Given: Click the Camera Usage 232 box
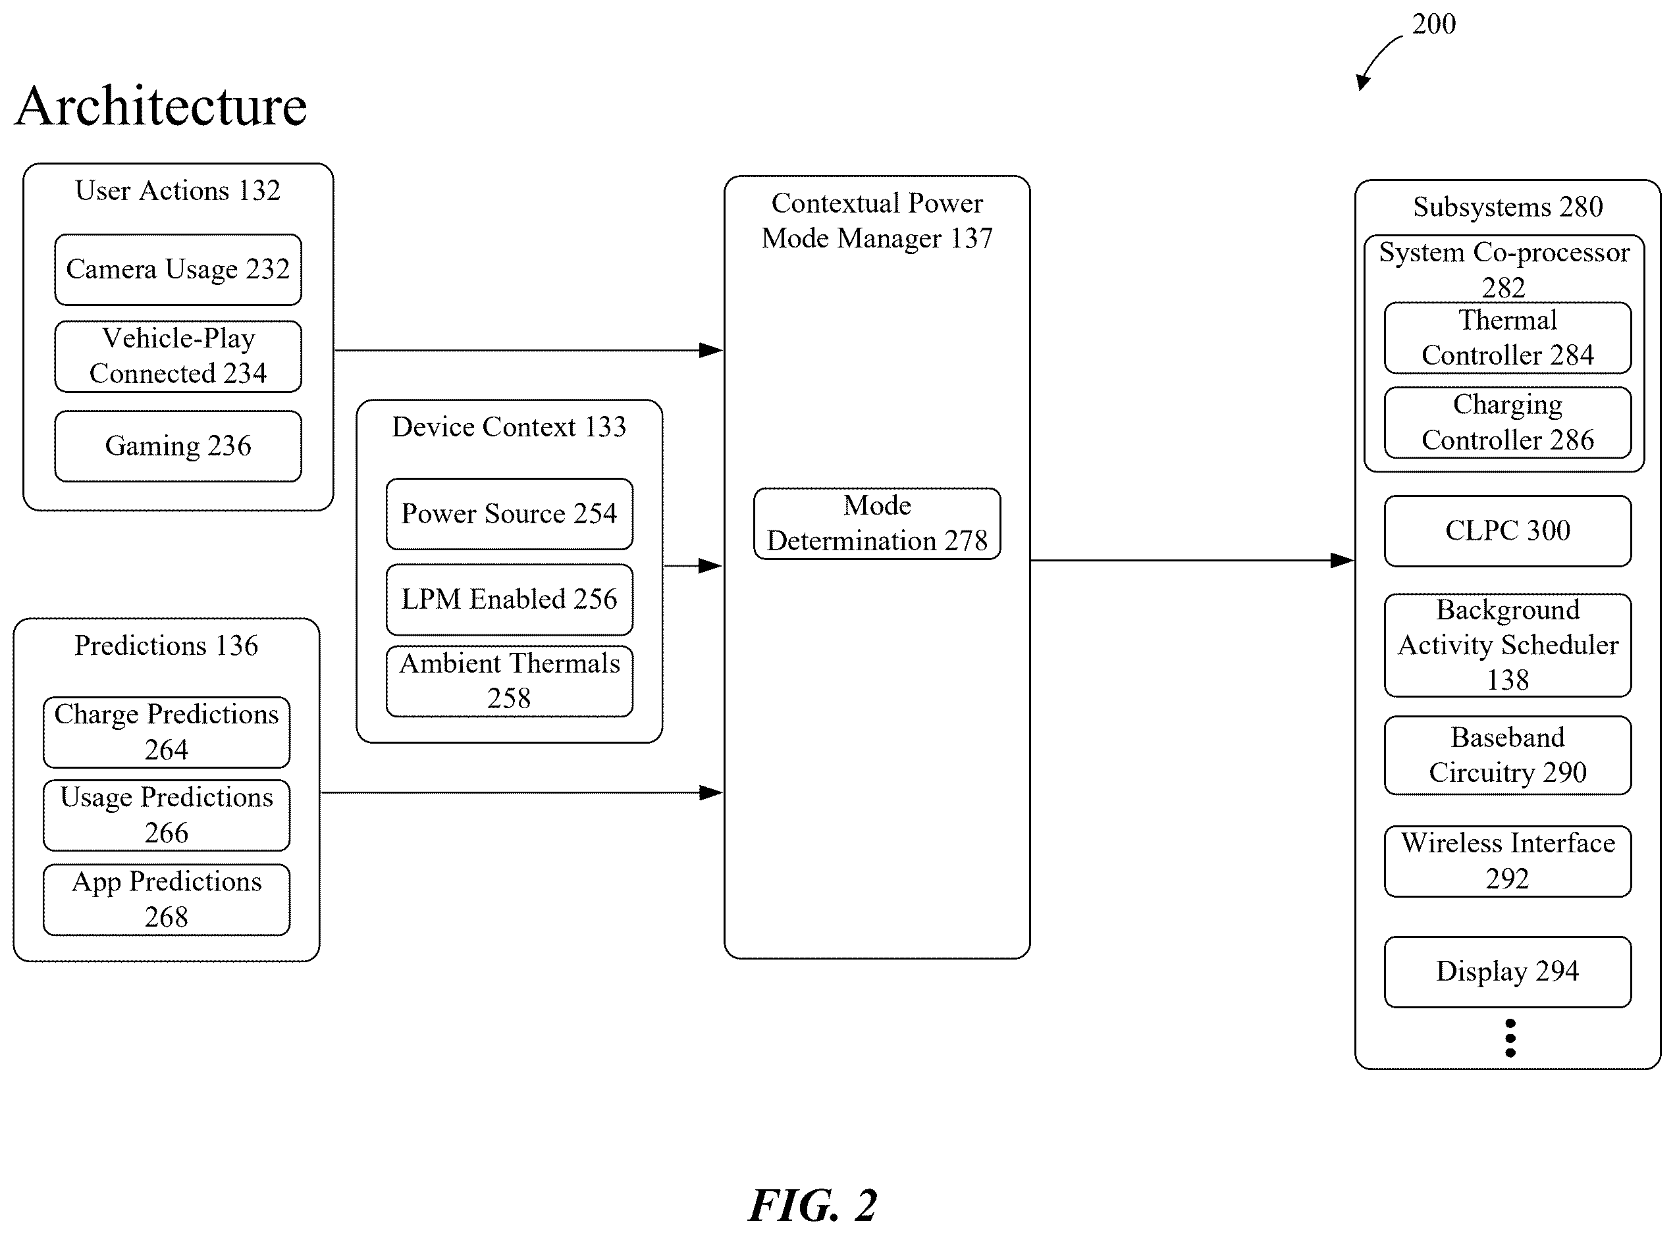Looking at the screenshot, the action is (x=178, y=270).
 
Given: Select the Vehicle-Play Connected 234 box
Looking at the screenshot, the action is (x=178, y=356).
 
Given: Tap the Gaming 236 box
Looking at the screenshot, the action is (x=178, y=446).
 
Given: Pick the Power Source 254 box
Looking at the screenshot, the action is (x=510, y=514).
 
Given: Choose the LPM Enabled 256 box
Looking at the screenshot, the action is (x=510, y=599).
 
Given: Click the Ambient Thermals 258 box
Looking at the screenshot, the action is (x=510, y=681).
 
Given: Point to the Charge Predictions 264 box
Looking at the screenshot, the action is (x=167, y=732).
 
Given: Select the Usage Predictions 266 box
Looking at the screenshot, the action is (x=167, y=815).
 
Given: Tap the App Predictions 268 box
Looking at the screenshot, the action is (x=167, y=900).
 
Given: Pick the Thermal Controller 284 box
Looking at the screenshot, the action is (x=1508, y=338).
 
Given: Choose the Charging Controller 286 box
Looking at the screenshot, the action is (x=1508, y=422).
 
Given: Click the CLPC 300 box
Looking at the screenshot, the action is (x=1508, y=531).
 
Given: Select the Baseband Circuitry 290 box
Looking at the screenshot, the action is (x=1508, y=755).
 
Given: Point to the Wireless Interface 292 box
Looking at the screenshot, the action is (x=1508, y=861).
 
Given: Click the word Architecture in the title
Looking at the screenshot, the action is (x=161, y=106).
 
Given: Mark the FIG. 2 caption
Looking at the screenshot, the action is (x=813, y=1205).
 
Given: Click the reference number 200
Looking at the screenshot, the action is (x=1433, y=24).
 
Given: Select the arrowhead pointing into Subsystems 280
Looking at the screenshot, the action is (x=1343, y=560).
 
